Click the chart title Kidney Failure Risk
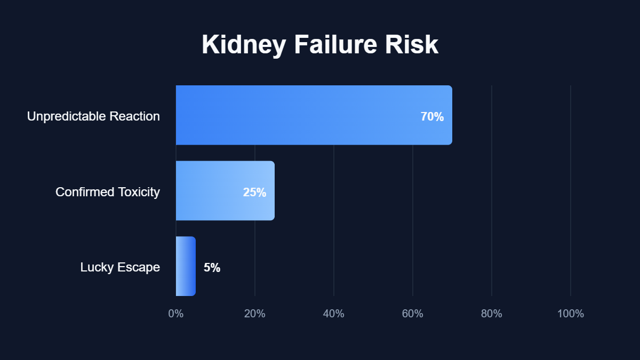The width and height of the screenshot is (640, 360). pos(320,45)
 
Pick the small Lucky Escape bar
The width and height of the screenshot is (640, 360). pos(186,266)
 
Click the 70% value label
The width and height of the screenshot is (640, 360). pos(432,117)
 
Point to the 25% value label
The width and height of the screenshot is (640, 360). pos(254,193)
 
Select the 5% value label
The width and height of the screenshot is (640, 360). pos(212,268)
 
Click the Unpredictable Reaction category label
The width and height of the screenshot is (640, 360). pos(93,116)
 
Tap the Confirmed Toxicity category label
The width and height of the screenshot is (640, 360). pos(108,192)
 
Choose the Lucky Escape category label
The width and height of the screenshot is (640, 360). pos(120,267)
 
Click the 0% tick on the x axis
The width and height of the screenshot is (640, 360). pos(176,314)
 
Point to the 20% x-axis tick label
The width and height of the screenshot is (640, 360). pos(255,314)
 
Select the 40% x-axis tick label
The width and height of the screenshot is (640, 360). pos(334,314)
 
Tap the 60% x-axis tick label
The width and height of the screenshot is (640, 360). pos(413,314)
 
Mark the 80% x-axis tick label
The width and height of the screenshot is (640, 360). pos(492,314)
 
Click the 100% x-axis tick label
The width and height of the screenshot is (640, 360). pos(571,314)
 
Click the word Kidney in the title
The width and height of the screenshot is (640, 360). pos(243,46)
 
